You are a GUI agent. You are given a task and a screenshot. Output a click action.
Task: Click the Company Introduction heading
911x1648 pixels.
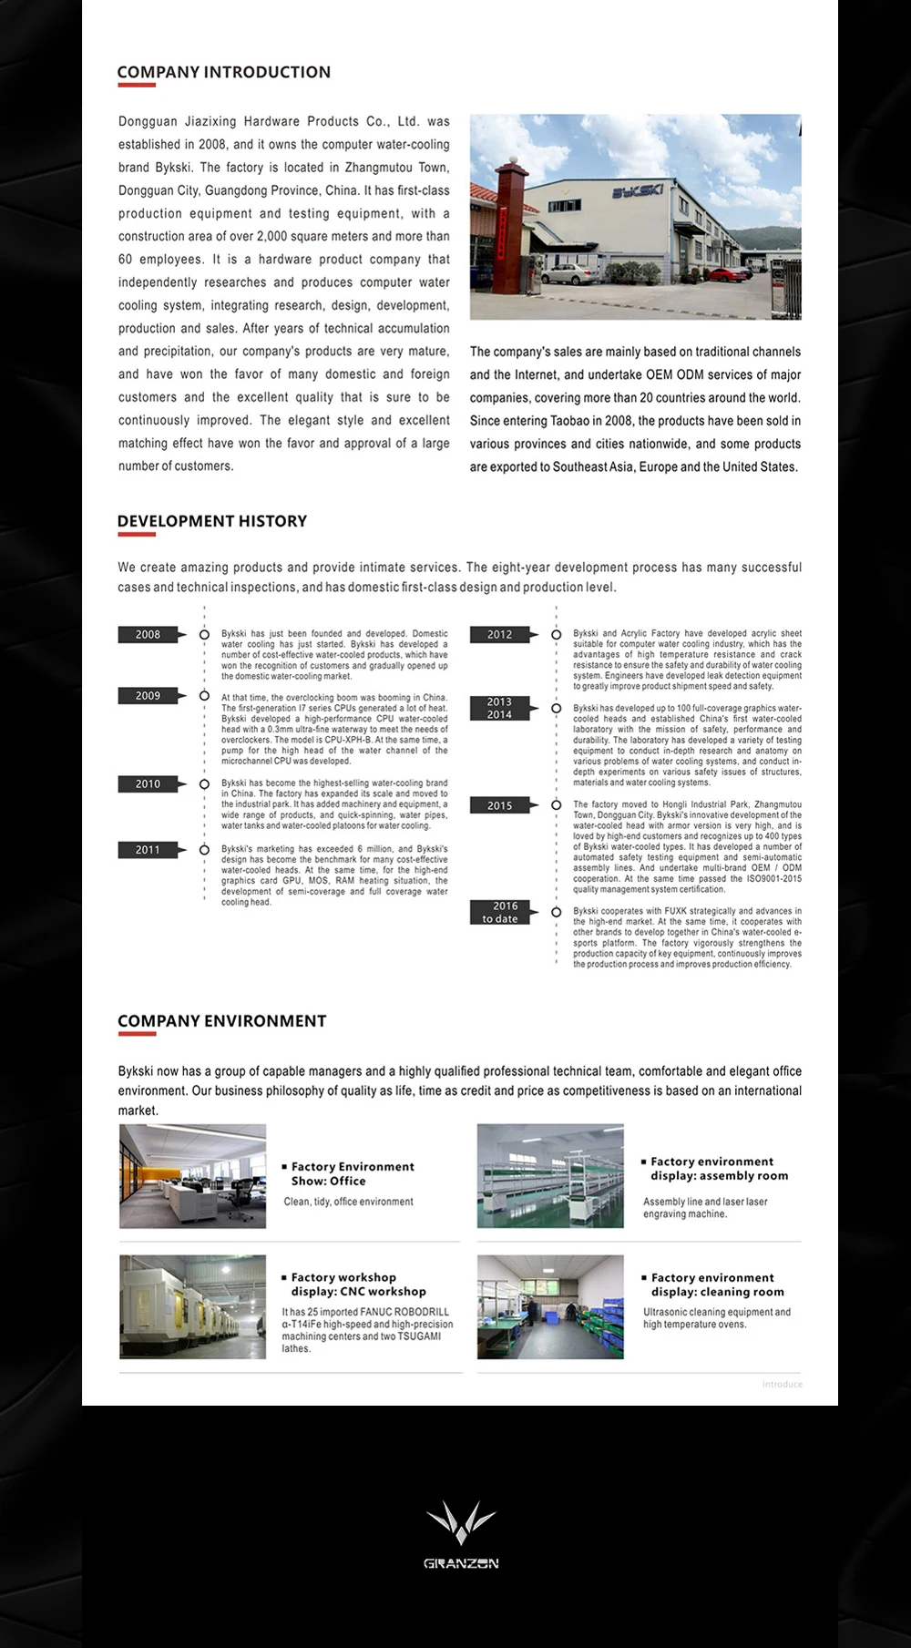point(223,72)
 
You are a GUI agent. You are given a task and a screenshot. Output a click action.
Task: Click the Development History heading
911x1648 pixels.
point(211,521)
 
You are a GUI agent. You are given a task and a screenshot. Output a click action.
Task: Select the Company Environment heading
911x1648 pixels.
point(221,1021)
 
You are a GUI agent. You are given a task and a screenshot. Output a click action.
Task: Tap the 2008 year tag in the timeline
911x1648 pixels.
point(148,635)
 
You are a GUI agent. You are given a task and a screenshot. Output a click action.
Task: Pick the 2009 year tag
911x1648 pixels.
point(148,696)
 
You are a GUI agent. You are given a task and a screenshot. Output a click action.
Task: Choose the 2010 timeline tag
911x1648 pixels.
point(148,784)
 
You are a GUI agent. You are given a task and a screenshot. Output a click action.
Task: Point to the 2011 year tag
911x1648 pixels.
point(148,850)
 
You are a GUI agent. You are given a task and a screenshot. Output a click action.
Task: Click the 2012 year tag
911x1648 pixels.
point(500,635)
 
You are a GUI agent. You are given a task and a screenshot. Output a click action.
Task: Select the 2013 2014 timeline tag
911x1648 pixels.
point(500,709)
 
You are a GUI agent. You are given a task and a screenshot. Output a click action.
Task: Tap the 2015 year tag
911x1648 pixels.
point(500,806)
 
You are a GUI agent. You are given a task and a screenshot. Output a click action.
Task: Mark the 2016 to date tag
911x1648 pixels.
point(500,913)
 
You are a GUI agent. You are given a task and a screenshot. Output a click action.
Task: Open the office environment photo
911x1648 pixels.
point(193,1176)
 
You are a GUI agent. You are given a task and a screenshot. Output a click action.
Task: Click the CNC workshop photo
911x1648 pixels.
point(193,1307)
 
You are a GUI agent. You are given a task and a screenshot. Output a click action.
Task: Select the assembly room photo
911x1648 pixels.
point(550,1176)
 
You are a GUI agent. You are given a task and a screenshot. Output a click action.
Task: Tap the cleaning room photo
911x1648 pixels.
point(550,1307)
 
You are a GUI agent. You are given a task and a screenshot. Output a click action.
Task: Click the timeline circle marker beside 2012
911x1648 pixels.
point(556,635)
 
